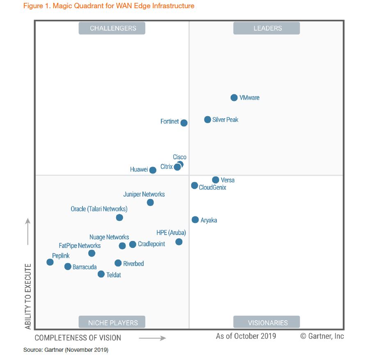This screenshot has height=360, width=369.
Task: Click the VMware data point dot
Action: (234, 98)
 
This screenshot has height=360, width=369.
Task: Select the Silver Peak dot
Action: (208, 120)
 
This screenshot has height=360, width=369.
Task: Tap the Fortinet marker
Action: (184, 123)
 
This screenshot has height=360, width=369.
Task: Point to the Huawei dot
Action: (153, 170)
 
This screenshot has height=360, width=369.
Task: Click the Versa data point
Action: (215, 180)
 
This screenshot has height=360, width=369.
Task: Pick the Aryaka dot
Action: (195, 220)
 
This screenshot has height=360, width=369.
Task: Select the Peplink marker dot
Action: (50, 262)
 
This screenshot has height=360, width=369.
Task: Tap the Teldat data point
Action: (101, 274)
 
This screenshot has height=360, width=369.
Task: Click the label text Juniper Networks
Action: (144, 194)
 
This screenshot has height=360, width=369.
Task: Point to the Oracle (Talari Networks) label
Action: (99, 209)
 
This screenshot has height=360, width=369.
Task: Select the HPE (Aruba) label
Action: (171, 233)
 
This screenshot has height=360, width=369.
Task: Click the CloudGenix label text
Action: (213, 188)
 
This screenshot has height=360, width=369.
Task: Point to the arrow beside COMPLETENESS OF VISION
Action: (152, 338)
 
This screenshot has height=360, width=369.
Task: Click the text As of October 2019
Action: (246, 336)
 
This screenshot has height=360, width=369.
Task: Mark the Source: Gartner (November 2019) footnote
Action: (66, 350)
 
